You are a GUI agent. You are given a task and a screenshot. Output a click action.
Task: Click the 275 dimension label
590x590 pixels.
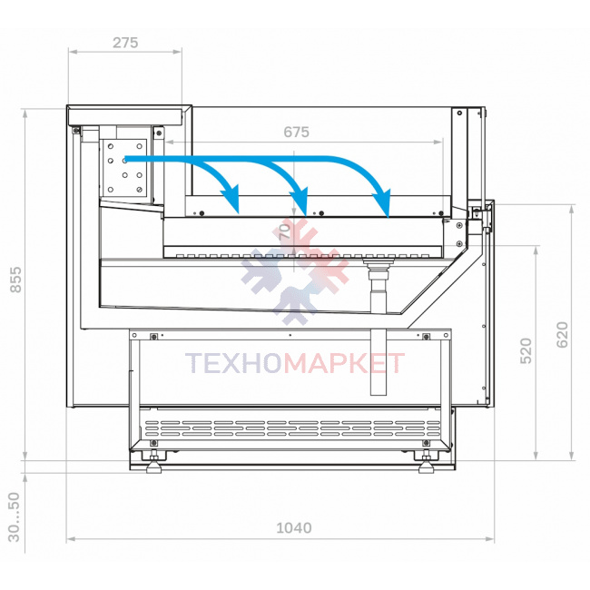coord(125,43)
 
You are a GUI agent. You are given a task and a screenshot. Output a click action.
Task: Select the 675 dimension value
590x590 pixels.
coord(297,133)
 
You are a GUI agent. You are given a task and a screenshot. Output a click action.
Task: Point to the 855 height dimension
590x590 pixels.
coord(15,280)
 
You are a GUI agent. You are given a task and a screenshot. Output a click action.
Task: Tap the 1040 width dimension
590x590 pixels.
coord(294,528)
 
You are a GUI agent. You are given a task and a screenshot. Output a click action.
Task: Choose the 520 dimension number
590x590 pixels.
coord(526,350)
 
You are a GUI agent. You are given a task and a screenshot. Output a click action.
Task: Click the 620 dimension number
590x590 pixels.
coord(562,335)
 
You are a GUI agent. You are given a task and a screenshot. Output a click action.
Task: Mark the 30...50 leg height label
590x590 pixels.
coord(14,517)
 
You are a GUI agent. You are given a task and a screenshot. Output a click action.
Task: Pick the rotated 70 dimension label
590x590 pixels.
coord(285,231)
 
